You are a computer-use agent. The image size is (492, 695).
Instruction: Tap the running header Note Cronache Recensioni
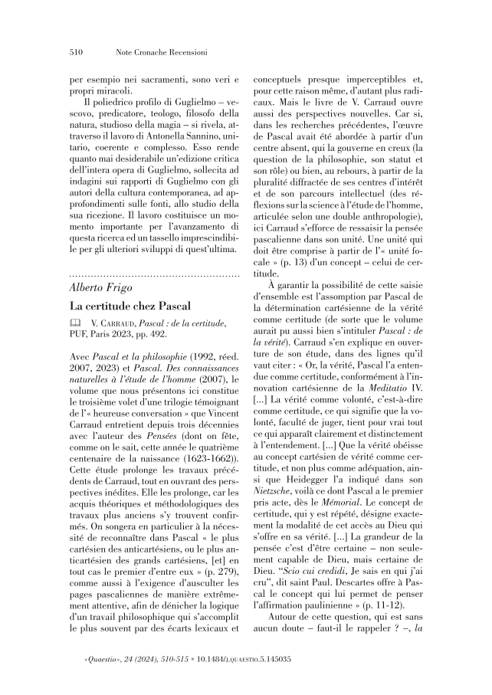pos(150,54)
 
